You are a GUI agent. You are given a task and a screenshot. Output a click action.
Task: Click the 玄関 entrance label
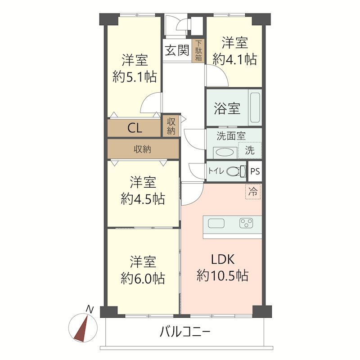click(176, 50)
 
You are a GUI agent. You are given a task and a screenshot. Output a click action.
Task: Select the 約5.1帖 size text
click(135, 77)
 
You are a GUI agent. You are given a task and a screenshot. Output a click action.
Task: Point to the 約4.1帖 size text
click(234, 59)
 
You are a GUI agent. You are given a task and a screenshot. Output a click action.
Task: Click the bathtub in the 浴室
click(255, 109)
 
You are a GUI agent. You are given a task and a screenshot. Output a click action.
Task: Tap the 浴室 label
click(227, 109)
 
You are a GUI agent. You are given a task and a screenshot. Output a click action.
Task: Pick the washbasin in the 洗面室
click(225, 152)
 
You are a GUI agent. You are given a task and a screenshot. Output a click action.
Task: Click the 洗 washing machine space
click(249, 150)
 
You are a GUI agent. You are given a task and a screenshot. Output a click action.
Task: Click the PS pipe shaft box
click(255, 171)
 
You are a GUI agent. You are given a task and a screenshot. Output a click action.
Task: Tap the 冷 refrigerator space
click(253, 192)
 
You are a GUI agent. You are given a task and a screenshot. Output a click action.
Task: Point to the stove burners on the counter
click(247, 223)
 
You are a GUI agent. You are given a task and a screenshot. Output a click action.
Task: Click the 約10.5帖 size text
click(223, 275)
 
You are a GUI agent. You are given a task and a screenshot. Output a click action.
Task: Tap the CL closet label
click(135, 128)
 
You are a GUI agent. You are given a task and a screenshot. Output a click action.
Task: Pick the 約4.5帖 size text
click(143, 198)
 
